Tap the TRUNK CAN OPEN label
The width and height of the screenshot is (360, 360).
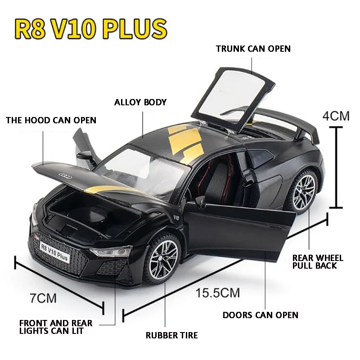coord(253,49)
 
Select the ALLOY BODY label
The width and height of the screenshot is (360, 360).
coord(140,102)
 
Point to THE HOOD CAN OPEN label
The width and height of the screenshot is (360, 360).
coord(51,120)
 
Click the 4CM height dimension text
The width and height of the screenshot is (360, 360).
coord(336,116)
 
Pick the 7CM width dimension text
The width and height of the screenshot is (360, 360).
coord(44,297)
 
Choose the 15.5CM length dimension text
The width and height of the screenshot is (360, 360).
coord(217,293)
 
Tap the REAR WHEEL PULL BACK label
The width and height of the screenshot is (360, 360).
coord(318,261)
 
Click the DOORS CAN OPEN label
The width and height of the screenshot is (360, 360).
coord(260,315)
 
